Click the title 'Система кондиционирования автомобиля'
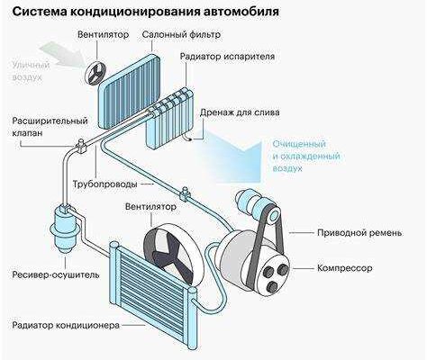click(x=145, y=12)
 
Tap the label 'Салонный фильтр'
click(x=181, y=34)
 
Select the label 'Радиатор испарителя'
click(x=227, y=57)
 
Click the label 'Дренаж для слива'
click(x=240, y=112)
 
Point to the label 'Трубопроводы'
click(x=105, y=184)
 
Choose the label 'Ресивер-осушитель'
click(x=56, y=274)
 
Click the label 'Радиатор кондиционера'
click(x=66, y=325)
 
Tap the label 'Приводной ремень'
click(x=359, y=233)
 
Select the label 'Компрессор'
click(x=344, y=268)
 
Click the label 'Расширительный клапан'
click(x=50, y=126)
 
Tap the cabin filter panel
click(x=130, y=92)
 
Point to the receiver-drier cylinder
click(x=64, y=229)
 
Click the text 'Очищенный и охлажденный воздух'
click(x=306, y=156)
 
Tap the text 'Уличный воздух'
click(x=31, y=71)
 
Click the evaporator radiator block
click(x=169, y=117)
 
